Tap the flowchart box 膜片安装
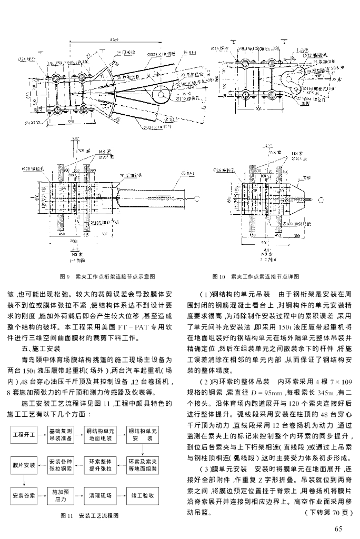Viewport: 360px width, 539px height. click(x=23, y=465)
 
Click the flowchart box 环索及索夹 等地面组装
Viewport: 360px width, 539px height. click(x=143, y=465)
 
